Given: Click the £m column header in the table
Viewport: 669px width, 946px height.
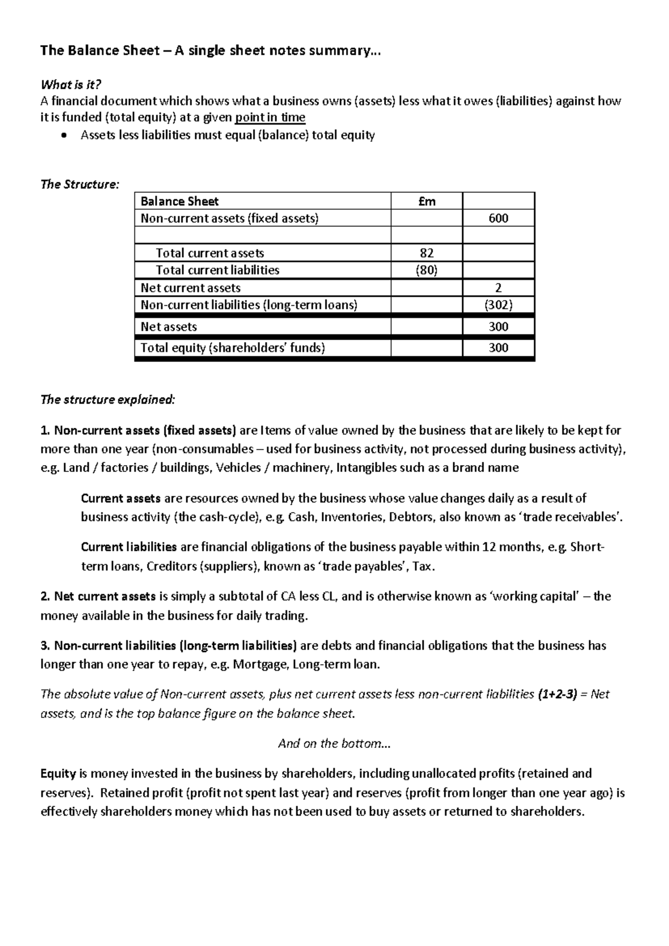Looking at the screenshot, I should point(426,201).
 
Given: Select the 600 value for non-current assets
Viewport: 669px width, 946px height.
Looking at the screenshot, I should point(498,219).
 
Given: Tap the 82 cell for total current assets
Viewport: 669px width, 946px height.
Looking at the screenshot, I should point(426,253).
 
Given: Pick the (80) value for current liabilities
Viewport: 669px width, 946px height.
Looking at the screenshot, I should point(426,270).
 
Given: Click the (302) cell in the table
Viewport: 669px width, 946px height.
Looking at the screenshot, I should point(498,305).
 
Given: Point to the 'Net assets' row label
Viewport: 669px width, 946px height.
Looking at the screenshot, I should point(169,327).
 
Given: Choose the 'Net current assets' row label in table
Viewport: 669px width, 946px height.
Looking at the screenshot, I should point(191,288).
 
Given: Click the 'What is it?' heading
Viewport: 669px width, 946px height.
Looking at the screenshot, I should point(71,85).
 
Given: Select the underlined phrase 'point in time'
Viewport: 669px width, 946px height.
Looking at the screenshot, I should point(270,118).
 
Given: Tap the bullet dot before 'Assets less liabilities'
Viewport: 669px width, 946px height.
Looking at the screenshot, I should point(66,136).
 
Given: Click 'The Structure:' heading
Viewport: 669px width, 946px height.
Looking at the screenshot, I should point(80,185).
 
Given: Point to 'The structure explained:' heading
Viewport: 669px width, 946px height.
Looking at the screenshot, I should point(108,400).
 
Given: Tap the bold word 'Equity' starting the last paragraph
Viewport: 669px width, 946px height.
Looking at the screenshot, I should point(58,774).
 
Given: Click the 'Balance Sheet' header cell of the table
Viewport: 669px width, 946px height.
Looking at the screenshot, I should point(180,201).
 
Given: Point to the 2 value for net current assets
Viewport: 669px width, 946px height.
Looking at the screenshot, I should point(498,288).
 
